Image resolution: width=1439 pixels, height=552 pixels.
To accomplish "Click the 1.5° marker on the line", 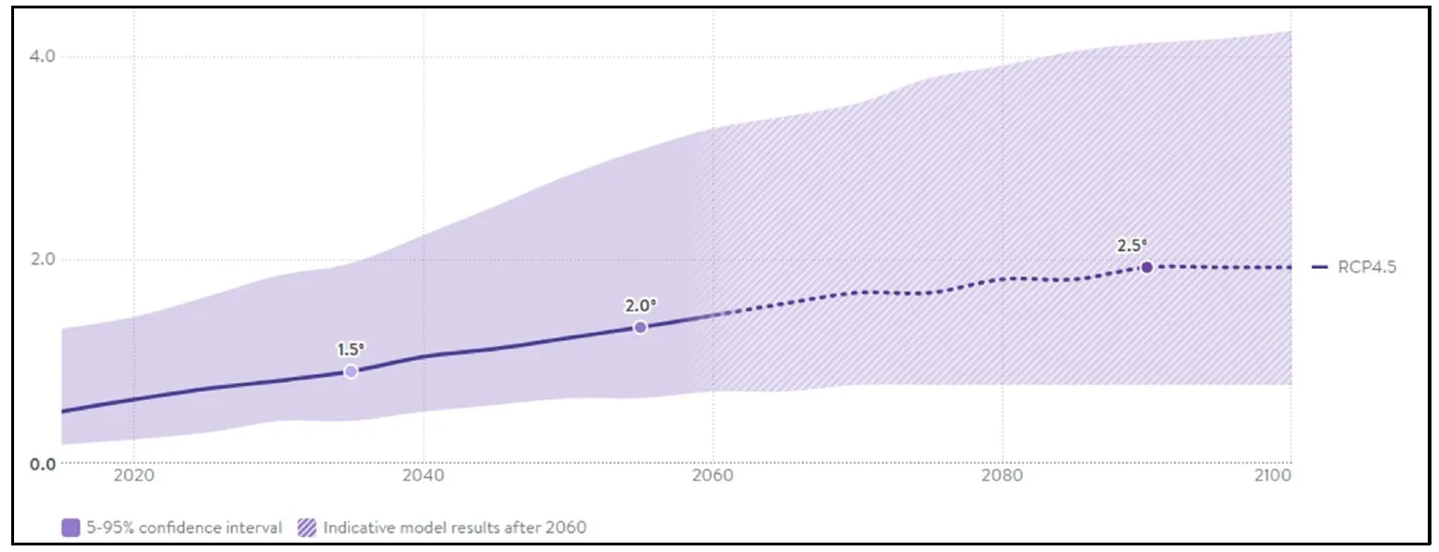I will [350, 371].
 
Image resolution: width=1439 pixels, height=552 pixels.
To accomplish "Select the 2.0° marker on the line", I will [640, 327].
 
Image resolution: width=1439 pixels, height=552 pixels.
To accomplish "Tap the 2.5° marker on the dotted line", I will [1146, 267].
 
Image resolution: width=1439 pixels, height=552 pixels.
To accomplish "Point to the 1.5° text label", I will [350, 350].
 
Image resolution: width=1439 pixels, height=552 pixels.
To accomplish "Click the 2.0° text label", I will [641, 306].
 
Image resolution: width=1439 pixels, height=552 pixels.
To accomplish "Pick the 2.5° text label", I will [1132, 246].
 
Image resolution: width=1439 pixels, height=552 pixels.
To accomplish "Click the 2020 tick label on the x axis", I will [133, 475].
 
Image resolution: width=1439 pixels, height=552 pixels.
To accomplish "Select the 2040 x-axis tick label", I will [423, 475].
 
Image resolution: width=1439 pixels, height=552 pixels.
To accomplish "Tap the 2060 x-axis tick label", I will [712, 475].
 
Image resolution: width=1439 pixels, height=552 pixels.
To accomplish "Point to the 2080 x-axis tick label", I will [1001, 475].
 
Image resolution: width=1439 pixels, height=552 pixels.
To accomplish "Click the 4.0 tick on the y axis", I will [43, 56].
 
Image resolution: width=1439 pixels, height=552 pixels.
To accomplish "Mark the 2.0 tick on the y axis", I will [43, 260].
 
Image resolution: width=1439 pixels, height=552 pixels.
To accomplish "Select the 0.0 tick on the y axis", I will [43, 463].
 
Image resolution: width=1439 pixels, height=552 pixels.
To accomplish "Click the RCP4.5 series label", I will [1367, 267].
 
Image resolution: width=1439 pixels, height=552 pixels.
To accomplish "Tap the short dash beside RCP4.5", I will [1320, 267].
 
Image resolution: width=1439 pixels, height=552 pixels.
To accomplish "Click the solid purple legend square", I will [70, 528].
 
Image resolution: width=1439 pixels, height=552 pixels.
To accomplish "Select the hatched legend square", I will [306, 528].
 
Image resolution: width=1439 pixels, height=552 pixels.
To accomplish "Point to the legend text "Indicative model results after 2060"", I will [454, 528].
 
